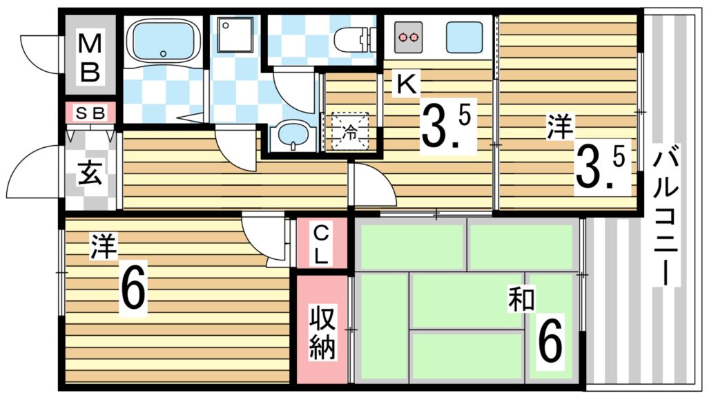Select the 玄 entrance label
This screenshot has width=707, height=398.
point(90,172)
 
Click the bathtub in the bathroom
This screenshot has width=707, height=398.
point(164,41)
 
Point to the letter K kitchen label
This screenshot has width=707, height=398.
point(406,84)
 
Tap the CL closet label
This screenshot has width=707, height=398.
point(322,243)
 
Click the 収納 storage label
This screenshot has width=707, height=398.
point(322,331)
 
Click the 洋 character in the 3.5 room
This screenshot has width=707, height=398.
point(560,128)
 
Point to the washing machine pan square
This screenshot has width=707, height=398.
point(236,36)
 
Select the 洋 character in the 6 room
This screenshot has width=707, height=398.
point(104,246)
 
